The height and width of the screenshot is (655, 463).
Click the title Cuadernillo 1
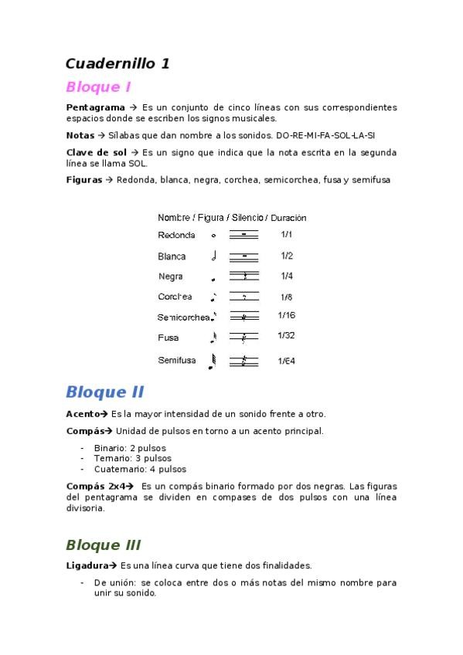click(117, 63)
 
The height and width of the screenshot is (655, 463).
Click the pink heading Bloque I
click(98, 87)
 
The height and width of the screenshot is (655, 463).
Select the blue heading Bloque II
click(104, 392)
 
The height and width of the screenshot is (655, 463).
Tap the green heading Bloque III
click(103, 545)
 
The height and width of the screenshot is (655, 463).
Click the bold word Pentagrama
click(96, 107)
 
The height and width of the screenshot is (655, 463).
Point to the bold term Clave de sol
click(96, 152)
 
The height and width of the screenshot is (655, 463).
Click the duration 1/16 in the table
click(286, 315)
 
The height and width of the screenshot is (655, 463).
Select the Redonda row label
click(176, 235)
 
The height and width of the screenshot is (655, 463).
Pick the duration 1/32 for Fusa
click(286, 336)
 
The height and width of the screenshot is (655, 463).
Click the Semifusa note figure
click(213, 361)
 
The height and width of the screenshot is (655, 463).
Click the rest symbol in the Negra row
click(244, 276)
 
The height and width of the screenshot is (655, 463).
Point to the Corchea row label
click(176, 297)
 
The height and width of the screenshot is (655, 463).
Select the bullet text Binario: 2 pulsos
click(130, 448)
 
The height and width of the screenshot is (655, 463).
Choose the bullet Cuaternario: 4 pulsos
click(140, 469)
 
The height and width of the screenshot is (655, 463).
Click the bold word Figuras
click(84, 180)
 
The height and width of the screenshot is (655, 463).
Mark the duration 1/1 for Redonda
click(286, 234)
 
